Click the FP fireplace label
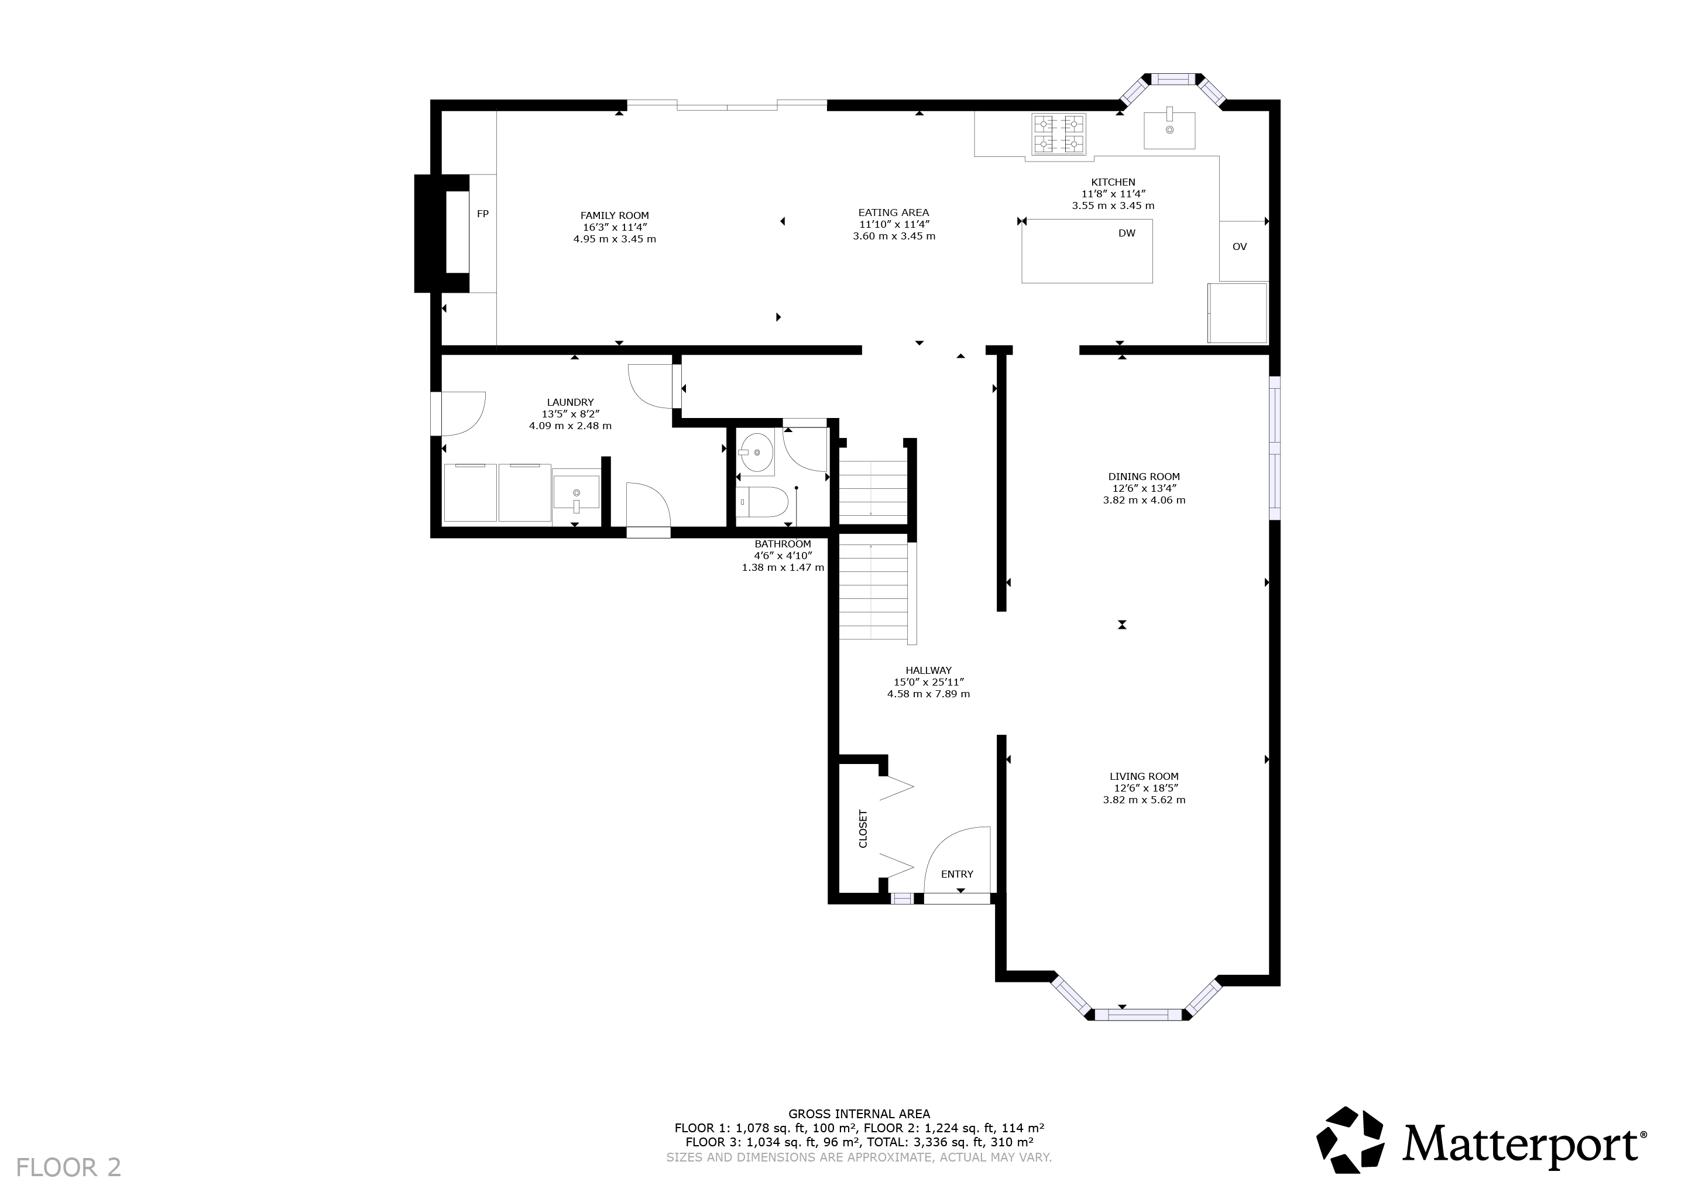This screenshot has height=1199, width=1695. coord(483,214)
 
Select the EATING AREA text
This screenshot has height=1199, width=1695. coord(893,213)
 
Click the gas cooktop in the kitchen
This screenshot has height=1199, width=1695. coord(1059,135)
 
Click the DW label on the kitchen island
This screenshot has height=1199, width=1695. coord(1127,234)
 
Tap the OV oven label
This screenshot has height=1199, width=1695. coord(1240,246)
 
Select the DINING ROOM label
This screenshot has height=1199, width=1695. coord(1144,477)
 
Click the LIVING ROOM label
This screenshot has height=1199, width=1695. coord(1144,777)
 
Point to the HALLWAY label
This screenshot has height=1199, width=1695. coord(929,671)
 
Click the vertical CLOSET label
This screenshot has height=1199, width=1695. coord(863,828)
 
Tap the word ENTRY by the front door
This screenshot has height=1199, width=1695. coord(957,874)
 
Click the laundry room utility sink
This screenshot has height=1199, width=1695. coord(576,489)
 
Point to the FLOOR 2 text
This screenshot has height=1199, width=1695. coord(68,1168)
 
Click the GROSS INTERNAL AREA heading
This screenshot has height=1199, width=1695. coord(859,1114)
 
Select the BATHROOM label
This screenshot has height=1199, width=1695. coord(783,544)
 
